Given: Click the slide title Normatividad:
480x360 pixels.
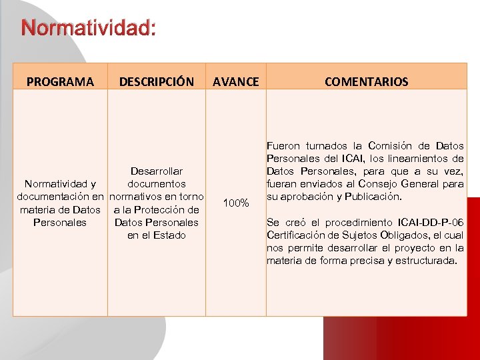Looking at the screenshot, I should click(89, 29).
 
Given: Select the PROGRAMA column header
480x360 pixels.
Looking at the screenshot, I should click(60, 82).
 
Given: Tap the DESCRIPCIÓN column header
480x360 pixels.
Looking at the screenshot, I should click(156, 82).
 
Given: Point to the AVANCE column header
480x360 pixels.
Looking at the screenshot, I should click(235, 82).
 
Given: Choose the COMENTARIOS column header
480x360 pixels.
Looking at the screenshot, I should click(366, 82).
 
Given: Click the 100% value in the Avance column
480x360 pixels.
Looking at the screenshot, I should click(235, 202).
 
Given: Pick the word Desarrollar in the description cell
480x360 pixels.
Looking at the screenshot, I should click(157, 171).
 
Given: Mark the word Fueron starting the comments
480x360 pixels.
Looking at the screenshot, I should click(283, 146).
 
